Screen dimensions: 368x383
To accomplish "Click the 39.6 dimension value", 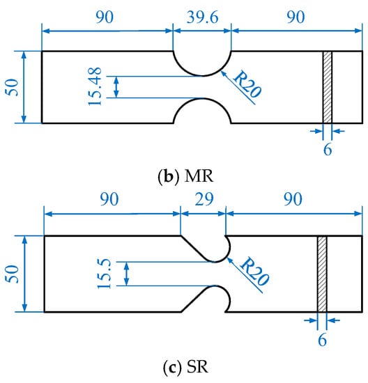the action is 202,17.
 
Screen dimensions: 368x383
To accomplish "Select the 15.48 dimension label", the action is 95,86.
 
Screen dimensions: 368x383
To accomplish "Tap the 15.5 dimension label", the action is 105,274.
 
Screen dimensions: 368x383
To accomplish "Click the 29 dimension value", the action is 204,199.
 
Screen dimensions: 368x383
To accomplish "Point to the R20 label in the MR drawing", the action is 247,84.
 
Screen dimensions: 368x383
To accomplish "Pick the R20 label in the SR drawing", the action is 254,271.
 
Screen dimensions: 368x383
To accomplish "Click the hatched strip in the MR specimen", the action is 328,87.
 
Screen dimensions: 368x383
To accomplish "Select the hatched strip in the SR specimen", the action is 322,274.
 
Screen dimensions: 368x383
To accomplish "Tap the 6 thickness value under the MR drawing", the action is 328,149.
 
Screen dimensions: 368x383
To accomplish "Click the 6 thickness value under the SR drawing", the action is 322,340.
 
